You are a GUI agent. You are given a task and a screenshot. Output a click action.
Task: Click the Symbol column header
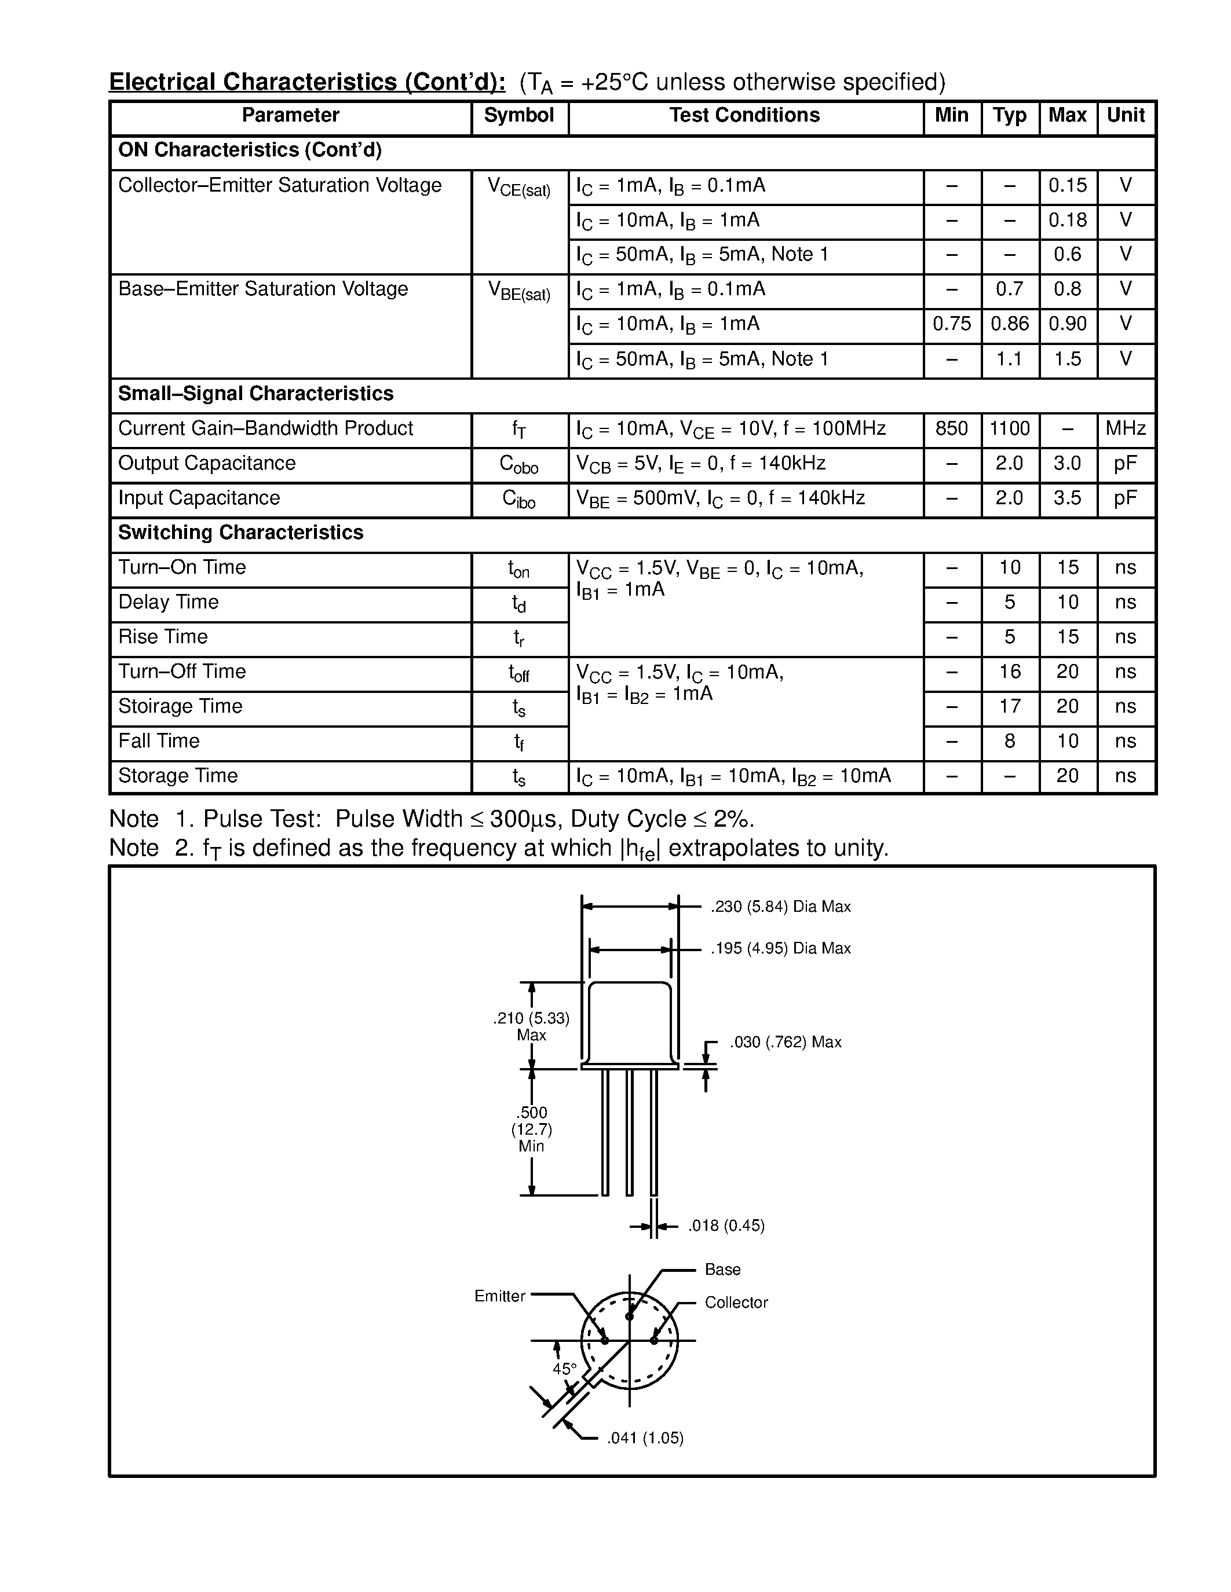tap(518, 115)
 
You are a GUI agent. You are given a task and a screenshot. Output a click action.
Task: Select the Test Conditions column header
tap(744, 115)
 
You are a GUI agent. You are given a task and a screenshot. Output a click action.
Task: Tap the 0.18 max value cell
tap(1067, 220)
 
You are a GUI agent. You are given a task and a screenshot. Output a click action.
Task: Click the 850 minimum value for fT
tap(951, 428)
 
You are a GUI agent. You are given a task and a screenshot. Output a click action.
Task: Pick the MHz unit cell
tap(1125, 428)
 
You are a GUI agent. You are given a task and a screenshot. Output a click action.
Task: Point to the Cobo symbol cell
tap(518, 464)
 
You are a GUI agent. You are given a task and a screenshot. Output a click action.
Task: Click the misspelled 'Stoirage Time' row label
tap(180, 706)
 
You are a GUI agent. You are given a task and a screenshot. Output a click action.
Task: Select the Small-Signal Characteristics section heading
tap(255, 394)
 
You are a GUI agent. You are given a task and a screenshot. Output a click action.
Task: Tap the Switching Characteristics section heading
tap(240, 533)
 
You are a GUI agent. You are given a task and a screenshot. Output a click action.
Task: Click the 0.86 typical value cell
tap(1009, 324)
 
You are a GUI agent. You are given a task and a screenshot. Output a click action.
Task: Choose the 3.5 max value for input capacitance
tap(1067, 498)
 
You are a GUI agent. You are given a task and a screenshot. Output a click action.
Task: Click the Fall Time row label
tap(159, 742)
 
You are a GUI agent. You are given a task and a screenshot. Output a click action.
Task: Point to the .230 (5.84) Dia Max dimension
tap(780, 907)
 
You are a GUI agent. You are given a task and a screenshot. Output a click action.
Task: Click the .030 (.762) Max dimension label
tap(786, 1043)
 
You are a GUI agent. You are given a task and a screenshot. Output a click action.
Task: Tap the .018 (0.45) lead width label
tap(726, 1226)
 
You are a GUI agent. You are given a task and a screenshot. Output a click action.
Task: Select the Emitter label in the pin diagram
tap(499, 1296)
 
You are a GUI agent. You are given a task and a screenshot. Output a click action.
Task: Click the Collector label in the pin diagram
tap(736, 1303)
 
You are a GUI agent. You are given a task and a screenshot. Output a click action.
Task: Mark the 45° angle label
tap(564, 1369)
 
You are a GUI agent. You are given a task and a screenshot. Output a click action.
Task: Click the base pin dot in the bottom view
tap(629, 1316)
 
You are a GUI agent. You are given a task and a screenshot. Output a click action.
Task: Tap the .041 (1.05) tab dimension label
tap(645, 1438)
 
